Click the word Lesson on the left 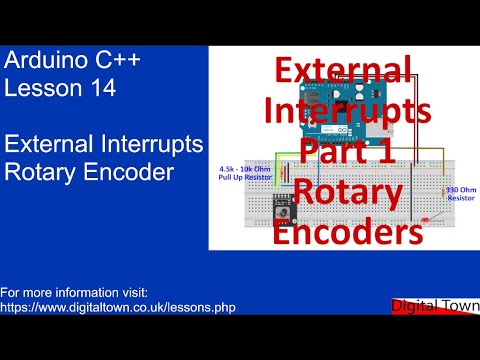[x=40, y=88]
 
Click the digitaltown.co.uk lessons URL [x=118, y=307]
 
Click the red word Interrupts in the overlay [x=347, y=110]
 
